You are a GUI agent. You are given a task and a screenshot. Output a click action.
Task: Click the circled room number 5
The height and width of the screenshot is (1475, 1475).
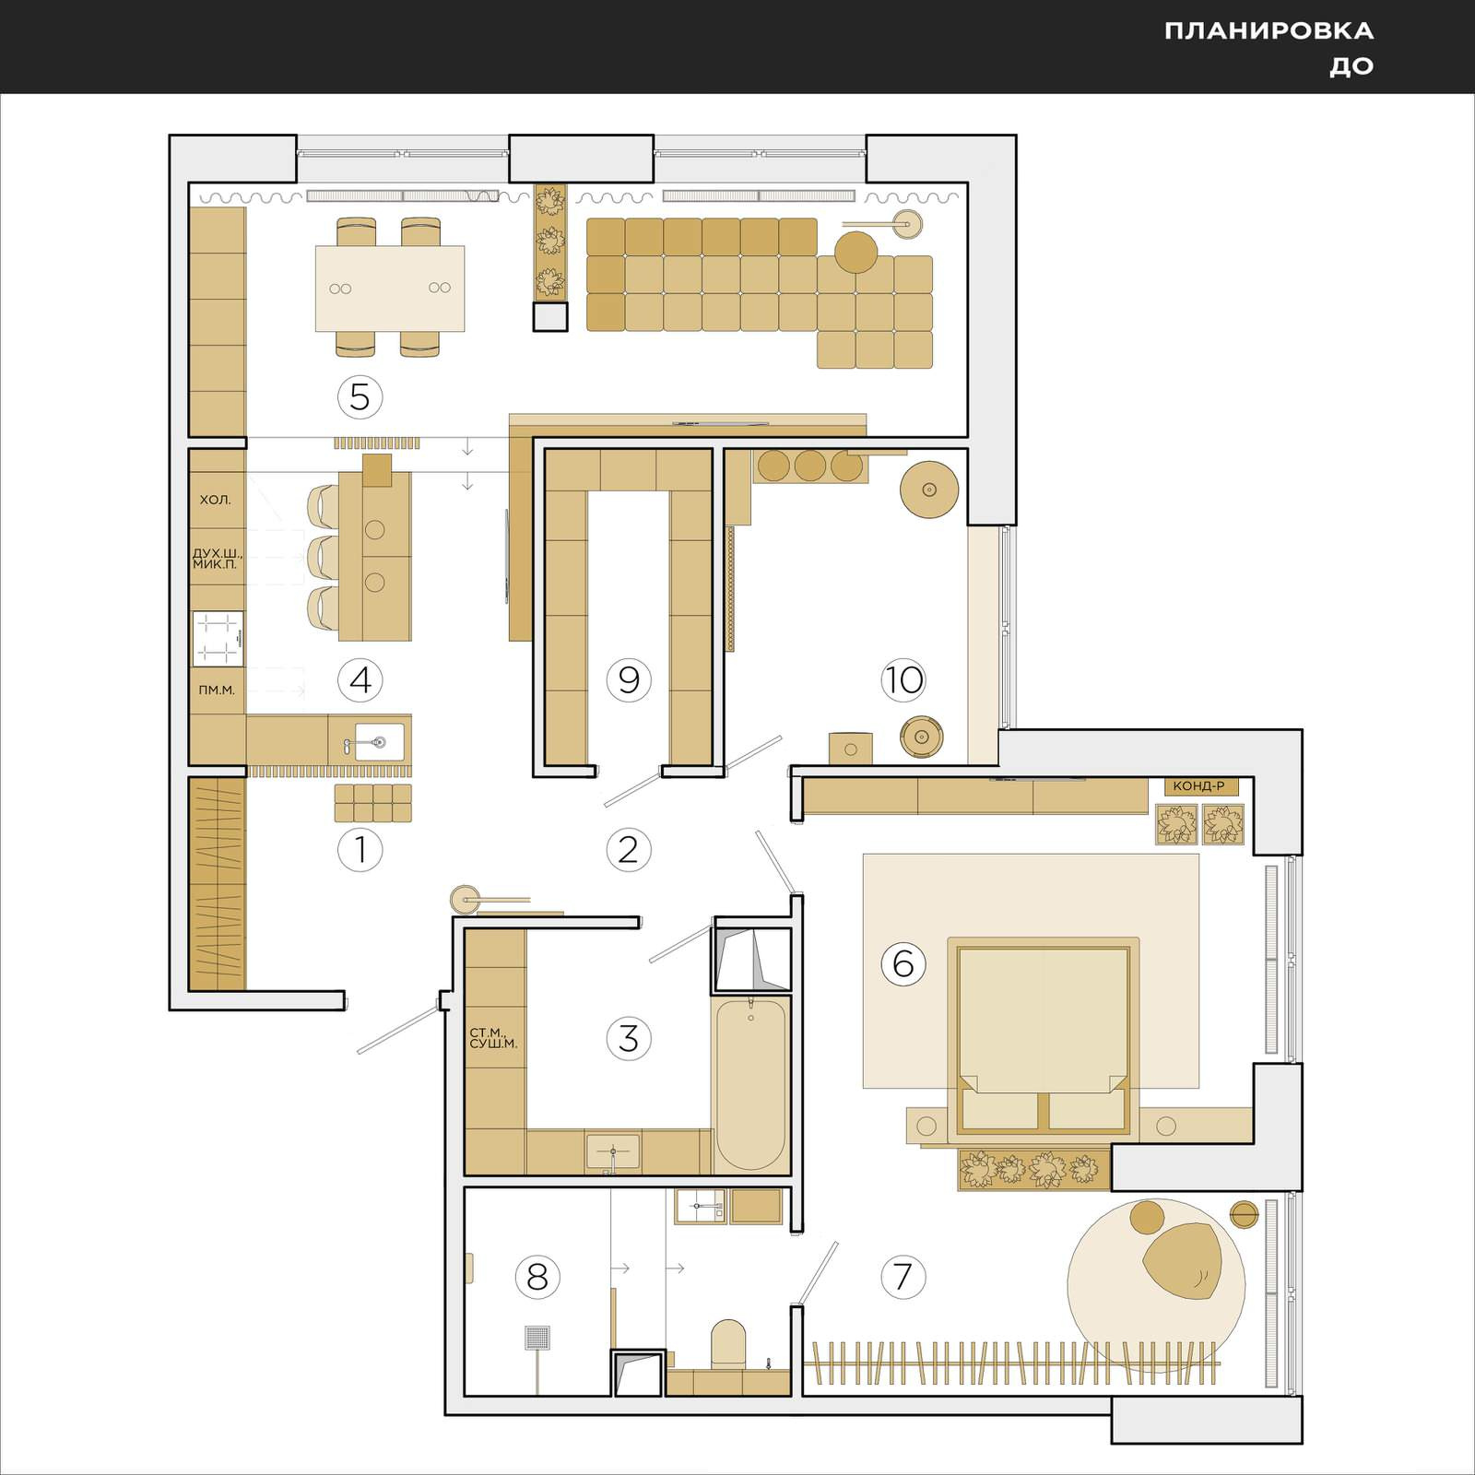360,397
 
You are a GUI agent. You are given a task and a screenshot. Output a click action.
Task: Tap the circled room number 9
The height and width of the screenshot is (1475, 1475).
629,680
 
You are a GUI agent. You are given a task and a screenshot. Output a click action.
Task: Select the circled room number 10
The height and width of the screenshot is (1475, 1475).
903,680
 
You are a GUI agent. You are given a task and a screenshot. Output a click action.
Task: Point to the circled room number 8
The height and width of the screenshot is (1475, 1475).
537,1278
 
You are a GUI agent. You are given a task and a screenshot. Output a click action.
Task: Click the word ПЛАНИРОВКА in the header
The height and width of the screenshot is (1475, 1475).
1268,31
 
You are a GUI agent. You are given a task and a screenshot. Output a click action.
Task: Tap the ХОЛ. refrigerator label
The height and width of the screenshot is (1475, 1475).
215,500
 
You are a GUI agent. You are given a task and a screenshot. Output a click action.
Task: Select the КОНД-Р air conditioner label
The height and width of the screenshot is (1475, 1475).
1198,786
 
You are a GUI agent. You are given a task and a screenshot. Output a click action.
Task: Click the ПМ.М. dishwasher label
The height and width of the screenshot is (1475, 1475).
217,690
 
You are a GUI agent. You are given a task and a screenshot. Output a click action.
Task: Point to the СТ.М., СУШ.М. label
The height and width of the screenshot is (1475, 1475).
494,1039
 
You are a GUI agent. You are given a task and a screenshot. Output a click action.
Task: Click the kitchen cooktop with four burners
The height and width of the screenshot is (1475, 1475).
218,638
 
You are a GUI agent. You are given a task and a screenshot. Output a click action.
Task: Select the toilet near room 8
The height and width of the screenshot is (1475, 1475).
728,1345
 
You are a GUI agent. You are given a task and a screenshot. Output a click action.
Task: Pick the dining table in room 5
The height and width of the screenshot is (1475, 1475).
390,289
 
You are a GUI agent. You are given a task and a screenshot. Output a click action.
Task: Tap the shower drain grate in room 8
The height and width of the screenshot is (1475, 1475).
537,1337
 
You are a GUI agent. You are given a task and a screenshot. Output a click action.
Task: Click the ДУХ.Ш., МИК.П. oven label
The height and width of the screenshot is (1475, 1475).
218,559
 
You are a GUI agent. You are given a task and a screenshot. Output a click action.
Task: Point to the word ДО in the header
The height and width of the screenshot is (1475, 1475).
1351,66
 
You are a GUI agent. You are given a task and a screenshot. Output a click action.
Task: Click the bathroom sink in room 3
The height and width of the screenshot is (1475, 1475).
613,1152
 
